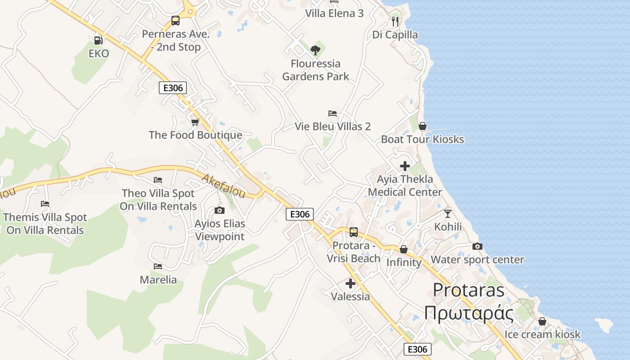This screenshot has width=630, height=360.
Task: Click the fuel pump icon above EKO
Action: coord(98,40)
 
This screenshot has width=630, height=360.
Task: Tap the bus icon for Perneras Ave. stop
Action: coord(175,20)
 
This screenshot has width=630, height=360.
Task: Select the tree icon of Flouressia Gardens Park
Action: coord(315,50)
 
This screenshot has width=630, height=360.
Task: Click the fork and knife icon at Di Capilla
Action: coord(395,21)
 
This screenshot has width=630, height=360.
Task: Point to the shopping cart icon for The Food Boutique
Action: coord(195,122)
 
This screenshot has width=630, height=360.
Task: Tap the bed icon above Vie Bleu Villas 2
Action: coord(333,113)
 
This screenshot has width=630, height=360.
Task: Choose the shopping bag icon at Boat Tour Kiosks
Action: coord(422,126)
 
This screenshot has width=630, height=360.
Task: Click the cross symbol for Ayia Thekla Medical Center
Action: coord(405,166)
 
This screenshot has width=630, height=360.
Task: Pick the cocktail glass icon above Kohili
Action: coord(447,213)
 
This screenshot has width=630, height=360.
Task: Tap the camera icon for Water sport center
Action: coord(477,246)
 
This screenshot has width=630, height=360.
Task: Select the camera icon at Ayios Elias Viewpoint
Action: coord(220,210)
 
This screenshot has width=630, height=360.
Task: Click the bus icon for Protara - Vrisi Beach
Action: coord(354,232)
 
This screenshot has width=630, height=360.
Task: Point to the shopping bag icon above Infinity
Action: coord(404,249)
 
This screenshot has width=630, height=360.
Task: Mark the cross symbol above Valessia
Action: coord(350,283)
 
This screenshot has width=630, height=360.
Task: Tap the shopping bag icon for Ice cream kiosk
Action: coord(542,321)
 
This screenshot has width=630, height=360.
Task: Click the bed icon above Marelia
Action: coord(158,266)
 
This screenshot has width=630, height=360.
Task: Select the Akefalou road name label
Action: coord(224,186)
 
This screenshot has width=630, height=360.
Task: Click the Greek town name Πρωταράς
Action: coord(468,313)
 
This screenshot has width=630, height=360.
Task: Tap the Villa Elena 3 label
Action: coord(334,13)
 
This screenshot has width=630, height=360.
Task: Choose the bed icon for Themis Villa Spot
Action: coord(45,204)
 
